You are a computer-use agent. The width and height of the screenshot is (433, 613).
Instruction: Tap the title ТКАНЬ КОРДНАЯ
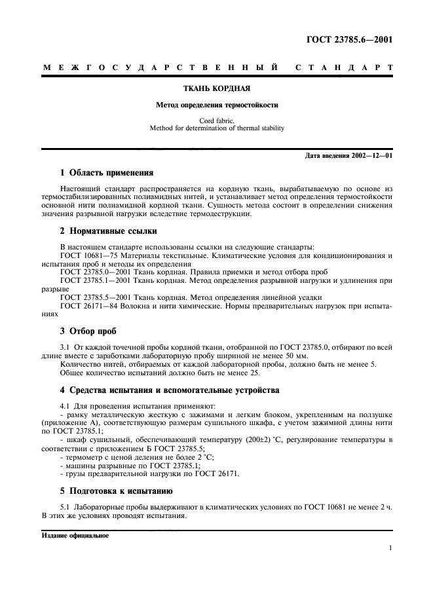217,88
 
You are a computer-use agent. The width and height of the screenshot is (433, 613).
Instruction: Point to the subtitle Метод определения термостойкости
217,105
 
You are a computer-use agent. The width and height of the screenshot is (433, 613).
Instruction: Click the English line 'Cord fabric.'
217,121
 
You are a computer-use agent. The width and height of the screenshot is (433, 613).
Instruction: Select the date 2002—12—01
371,156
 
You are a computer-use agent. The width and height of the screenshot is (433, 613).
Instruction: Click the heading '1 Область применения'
106,173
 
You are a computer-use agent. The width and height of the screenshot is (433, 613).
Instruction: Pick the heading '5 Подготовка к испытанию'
116,491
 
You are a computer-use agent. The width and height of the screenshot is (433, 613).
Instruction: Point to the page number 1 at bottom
390,549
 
